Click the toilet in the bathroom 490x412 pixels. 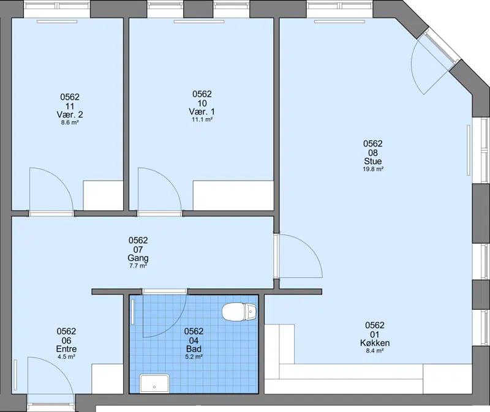239,312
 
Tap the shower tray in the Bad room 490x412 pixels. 154,383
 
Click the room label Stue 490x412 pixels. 373,161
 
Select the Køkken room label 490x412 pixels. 375,343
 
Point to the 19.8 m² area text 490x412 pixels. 373,169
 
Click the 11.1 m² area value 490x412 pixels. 202,119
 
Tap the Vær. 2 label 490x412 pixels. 70,114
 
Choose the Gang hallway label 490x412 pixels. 138,258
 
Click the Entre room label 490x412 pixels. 66,349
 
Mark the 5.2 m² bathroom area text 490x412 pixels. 194,356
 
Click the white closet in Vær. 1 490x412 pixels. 233,195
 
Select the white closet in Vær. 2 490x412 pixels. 103,195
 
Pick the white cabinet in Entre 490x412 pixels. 107,378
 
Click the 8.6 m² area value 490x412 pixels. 70,122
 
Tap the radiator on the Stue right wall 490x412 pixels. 469,150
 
